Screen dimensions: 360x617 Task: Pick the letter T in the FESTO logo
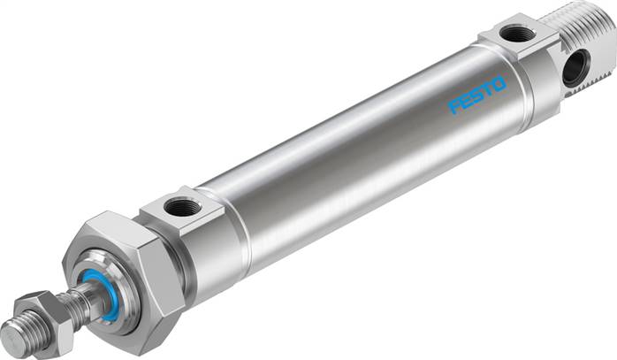click(x=487, y=90)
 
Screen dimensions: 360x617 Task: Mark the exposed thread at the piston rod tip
click(x=25, y=333)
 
